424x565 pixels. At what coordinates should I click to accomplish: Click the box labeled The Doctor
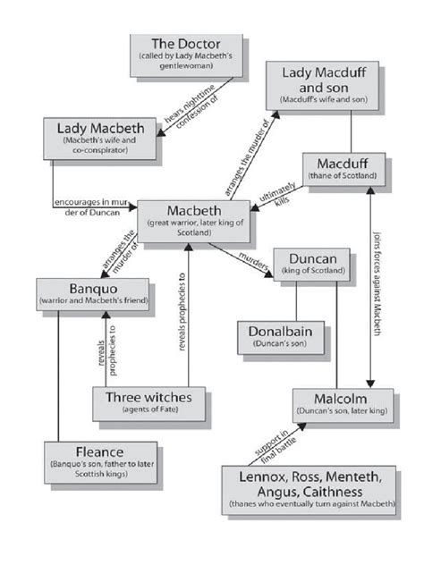(x=186, y=54)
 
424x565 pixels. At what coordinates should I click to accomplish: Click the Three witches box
(x=149, y=402)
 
